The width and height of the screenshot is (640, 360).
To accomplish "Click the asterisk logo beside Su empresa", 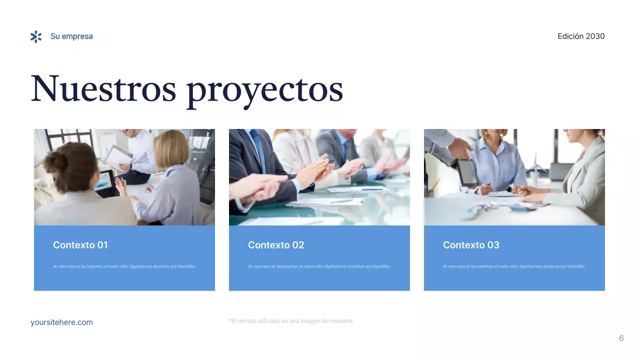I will pyautogui.click(x=36, y=36).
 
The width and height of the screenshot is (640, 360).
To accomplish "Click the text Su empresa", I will pyautogui.click(x=71, y=36).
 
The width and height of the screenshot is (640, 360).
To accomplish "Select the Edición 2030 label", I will pyautogui.click(x=581, y=36).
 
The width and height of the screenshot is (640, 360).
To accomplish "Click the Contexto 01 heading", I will pyautogui.click(x=80, y=245).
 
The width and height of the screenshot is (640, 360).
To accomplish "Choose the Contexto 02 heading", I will pyautogui.click(x=276, y=245).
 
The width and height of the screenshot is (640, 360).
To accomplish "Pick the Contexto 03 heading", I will pyautogui.click(x=471, y=245).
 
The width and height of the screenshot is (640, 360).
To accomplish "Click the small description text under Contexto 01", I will pyautogui.click(x=124, y=266).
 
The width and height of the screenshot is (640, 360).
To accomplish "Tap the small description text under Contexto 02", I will pyautogui.click(x=319, y=266).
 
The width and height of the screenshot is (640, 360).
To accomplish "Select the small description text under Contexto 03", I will pyautogui.click(x=514, y=266).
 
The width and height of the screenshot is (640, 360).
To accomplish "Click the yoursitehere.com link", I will pyautogui.click(x=61, y=322).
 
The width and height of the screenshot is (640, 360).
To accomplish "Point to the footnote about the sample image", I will pyautogui.click(x=291, y=321).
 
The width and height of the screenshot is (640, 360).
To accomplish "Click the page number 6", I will pyautogui.click(x=621, y=338).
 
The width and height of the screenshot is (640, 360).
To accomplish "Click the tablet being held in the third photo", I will pyautogui.click(x=466, y=172).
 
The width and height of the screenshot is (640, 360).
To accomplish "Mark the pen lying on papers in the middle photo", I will pyautogui.click(x=341, y=201).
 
